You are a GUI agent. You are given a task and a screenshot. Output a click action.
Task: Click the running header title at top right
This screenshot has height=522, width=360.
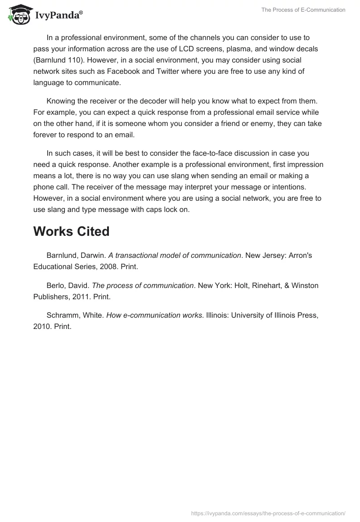303,10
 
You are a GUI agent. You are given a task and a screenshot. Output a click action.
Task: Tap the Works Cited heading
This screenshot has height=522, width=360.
71,231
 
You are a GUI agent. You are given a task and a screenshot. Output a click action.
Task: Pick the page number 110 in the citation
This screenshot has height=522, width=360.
76,60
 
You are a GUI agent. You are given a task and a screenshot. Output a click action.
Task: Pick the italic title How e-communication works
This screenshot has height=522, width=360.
154,315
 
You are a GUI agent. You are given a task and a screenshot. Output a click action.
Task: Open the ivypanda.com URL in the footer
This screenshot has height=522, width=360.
268,513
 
